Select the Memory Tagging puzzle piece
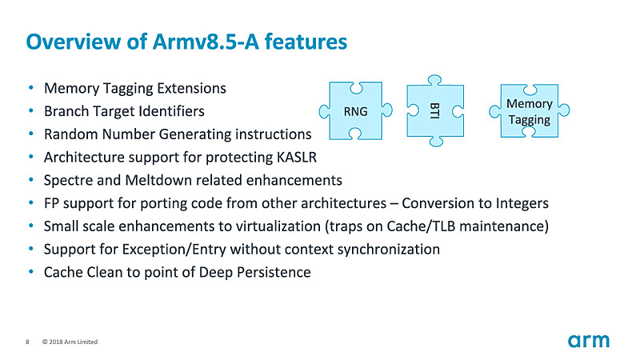click(530, 112)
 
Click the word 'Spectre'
click(69, 179)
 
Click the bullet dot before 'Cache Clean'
click(30, 272)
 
